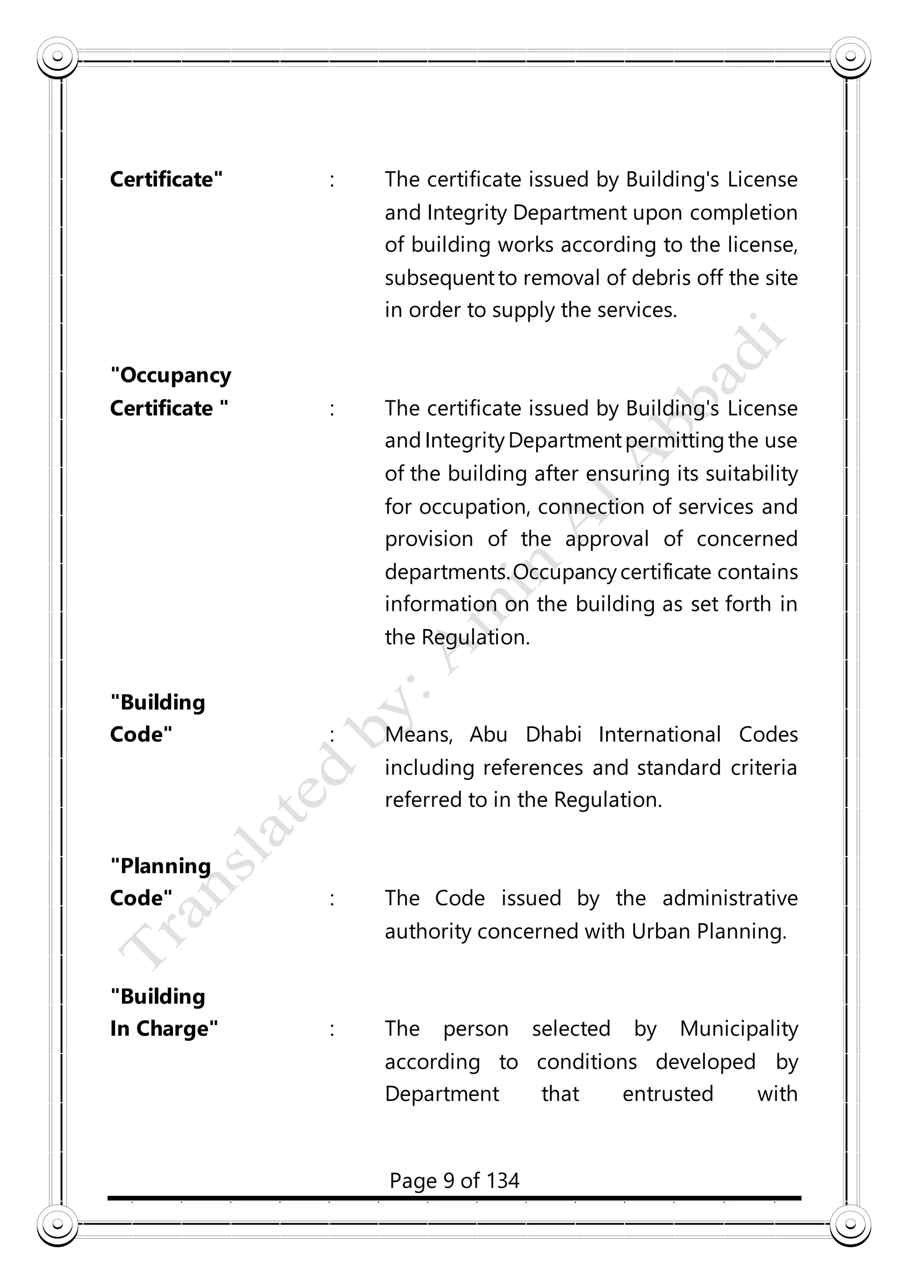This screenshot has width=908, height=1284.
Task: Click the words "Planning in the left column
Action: pos(160,866)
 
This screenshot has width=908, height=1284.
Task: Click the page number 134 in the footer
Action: pos(503,1181)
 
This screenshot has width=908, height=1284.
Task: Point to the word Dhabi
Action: pos(553,734)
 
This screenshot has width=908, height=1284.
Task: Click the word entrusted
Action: pos(668,1094)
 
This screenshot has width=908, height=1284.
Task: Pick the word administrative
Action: pos(730,899)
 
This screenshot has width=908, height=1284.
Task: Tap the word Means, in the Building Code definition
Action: pos(418,735)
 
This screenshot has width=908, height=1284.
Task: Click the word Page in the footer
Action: pos(413,1181)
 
